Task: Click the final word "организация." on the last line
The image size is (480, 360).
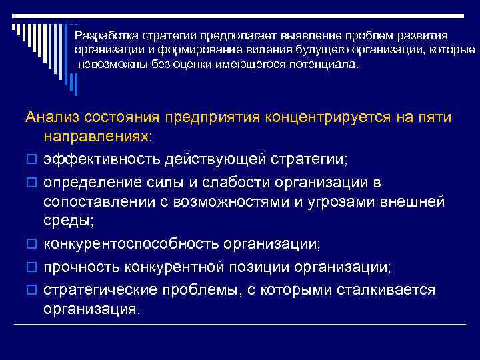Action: [x=92, y=309]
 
